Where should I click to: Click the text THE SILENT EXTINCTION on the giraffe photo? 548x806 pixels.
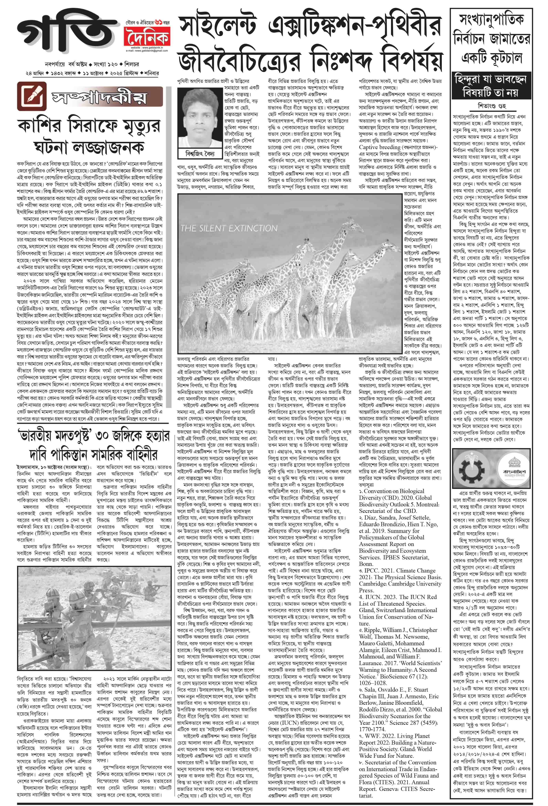[229, 228]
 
